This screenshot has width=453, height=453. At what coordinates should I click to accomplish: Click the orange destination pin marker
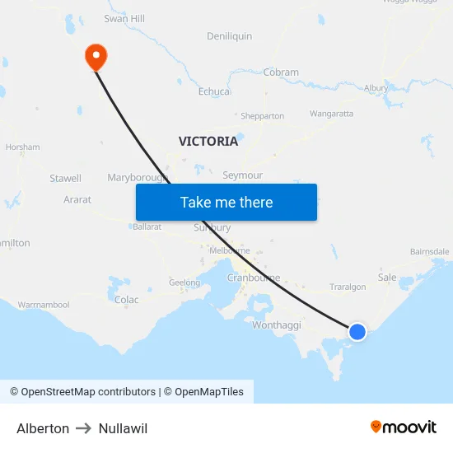pos(96,56)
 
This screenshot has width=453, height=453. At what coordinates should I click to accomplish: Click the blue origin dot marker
pos(357,331)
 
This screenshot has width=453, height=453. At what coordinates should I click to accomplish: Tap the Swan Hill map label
pos(124,18)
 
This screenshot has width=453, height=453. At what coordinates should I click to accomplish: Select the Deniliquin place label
pos(230,36)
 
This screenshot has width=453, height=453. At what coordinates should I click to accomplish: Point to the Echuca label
pos(214,91)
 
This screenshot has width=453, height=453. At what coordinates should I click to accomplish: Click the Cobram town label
pos(281,72)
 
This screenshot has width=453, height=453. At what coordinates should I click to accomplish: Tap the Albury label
pos(376,88)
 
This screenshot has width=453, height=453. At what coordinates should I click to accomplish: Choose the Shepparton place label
pos(262,116)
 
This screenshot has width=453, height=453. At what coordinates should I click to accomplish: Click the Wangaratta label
pos(331,114)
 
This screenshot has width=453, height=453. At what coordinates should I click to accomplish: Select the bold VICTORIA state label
pos(208,141)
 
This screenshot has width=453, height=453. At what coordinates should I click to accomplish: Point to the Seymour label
pos(243,175)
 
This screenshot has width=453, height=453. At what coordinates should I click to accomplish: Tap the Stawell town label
pos(66,178)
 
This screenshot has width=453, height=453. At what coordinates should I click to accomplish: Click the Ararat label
pos(77,199)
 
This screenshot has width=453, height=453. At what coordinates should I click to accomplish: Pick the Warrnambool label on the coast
pos(44,305)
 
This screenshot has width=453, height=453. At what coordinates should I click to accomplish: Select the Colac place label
pos(127,300)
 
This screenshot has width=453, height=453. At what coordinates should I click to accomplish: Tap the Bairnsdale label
pos(429,252)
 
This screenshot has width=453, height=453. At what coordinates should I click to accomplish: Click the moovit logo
pos(404,427)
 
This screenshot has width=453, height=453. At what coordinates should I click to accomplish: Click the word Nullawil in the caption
pos(123,428)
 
